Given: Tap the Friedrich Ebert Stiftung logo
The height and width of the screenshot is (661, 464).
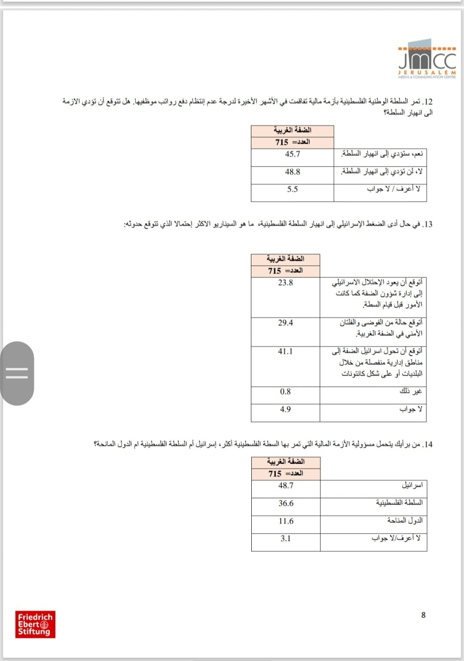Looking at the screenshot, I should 35,625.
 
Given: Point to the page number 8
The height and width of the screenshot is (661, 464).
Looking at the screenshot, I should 423,615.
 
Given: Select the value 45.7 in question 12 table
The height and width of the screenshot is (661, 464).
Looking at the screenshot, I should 293,154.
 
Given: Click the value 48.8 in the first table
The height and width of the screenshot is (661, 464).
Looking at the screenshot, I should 293,172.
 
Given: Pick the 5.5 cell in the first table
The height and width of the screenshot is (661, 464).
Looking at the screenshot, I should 293,189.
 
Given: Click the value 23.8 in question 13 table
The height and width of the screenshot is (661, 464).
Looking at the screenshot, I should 285,282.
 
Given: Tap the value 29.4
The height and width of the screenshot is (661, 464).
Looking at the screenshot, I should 285,323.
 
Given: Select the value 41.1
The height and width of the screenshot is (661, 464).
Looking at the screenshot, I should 285,352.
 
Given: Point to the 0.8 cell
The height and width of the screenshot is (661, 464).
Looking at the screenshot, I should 285,391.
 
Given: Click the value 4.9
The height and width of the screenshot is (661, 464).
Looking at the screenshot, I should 285,409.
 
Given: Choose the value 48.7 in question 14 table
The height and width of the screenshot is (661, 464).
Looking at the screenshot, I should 286,485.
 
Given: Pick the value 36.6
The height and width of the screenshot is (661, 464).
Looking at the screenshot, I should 286,503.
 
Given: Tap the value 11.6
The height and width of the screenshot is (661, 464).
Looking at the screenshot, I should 286,521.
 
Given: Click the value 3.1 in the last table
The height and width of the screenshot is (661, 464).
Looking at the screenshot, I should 286,538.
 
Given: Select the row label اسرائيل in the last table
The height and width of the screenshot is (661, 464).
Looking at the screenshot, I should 412,485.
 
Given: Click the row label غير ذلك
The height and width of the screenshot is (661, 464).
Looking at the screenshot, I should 411,391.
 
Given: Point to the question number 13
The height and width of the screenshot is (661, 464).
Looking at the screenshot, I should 427,224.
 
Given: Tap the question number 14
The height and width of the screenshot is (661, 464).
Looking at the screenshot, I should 427,444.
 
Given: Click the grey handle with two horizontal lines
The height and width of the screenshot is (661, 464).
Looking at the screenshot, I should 17,373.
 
